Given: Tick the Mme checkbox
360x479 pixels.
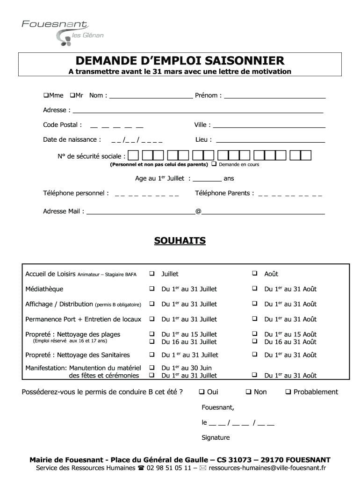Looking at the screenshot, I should [46, 95].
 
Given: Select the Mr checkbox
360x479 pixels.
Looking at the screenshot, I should [72, 95].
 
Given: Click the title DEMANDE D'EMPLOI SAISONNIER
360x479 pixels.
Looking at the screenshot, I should [180, 61].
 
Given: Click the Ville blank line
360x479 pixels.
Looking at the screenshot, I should [269, 127].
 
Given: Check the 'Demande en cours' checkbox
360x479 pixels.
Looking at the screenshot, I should [214, 164].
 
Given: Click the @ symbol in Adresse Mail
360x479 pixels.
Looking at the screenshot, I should [198, 211].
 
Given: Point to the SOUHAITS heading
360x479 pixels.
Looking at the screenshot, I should [180, 241].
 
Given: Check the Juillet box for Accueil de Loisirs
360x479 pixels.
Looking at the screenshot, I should [152, 274].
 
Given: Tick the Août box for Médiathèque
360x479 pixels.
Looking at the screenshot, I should [255, 289].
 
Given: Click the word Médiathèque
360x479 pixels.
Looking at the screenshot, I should [44, 289].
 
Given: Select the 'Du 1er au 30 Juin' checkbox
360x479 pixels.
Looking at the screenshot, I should [152, 368].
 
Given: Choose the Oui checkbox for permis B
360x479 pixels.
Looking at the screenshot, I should [202, 392].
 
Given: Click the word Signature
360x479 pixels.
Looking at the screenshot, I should [216, 438].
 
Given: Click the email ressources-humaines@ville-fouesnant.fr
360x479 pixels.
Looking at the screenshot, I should [267, 468].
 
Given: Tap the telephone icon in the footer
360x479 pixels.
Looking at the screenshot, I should [141, 468].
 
